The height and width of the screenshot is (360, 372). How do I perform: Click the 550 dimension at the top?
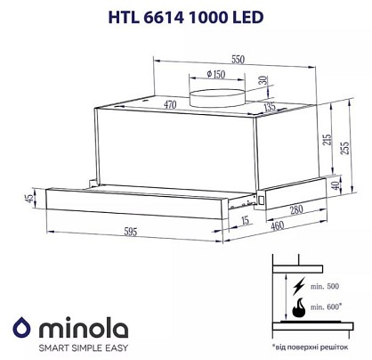[x=239, y=60]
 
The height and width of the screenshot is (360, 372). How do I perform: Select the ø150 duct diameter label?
[x=216, y=74]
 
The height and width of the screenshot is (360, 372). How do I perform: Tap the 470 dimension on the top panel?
[x=170, y=104]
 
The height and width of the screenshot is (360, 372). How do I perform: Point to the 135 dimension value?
[x=270, y=107]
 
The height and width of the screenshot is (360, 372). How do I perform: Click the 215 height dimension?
[x=328, y=140]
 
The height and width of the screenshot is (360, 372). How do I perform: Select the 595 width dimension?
[x=130, y=232]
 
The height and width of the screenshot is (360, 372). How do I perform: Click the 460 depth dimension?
[x=278, y=226]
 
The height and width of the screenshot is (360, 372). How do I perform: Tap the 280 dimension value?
[x=296, y=210]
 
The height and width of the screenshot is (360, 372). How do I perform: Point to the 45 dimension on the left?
[x=29, y=198]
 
